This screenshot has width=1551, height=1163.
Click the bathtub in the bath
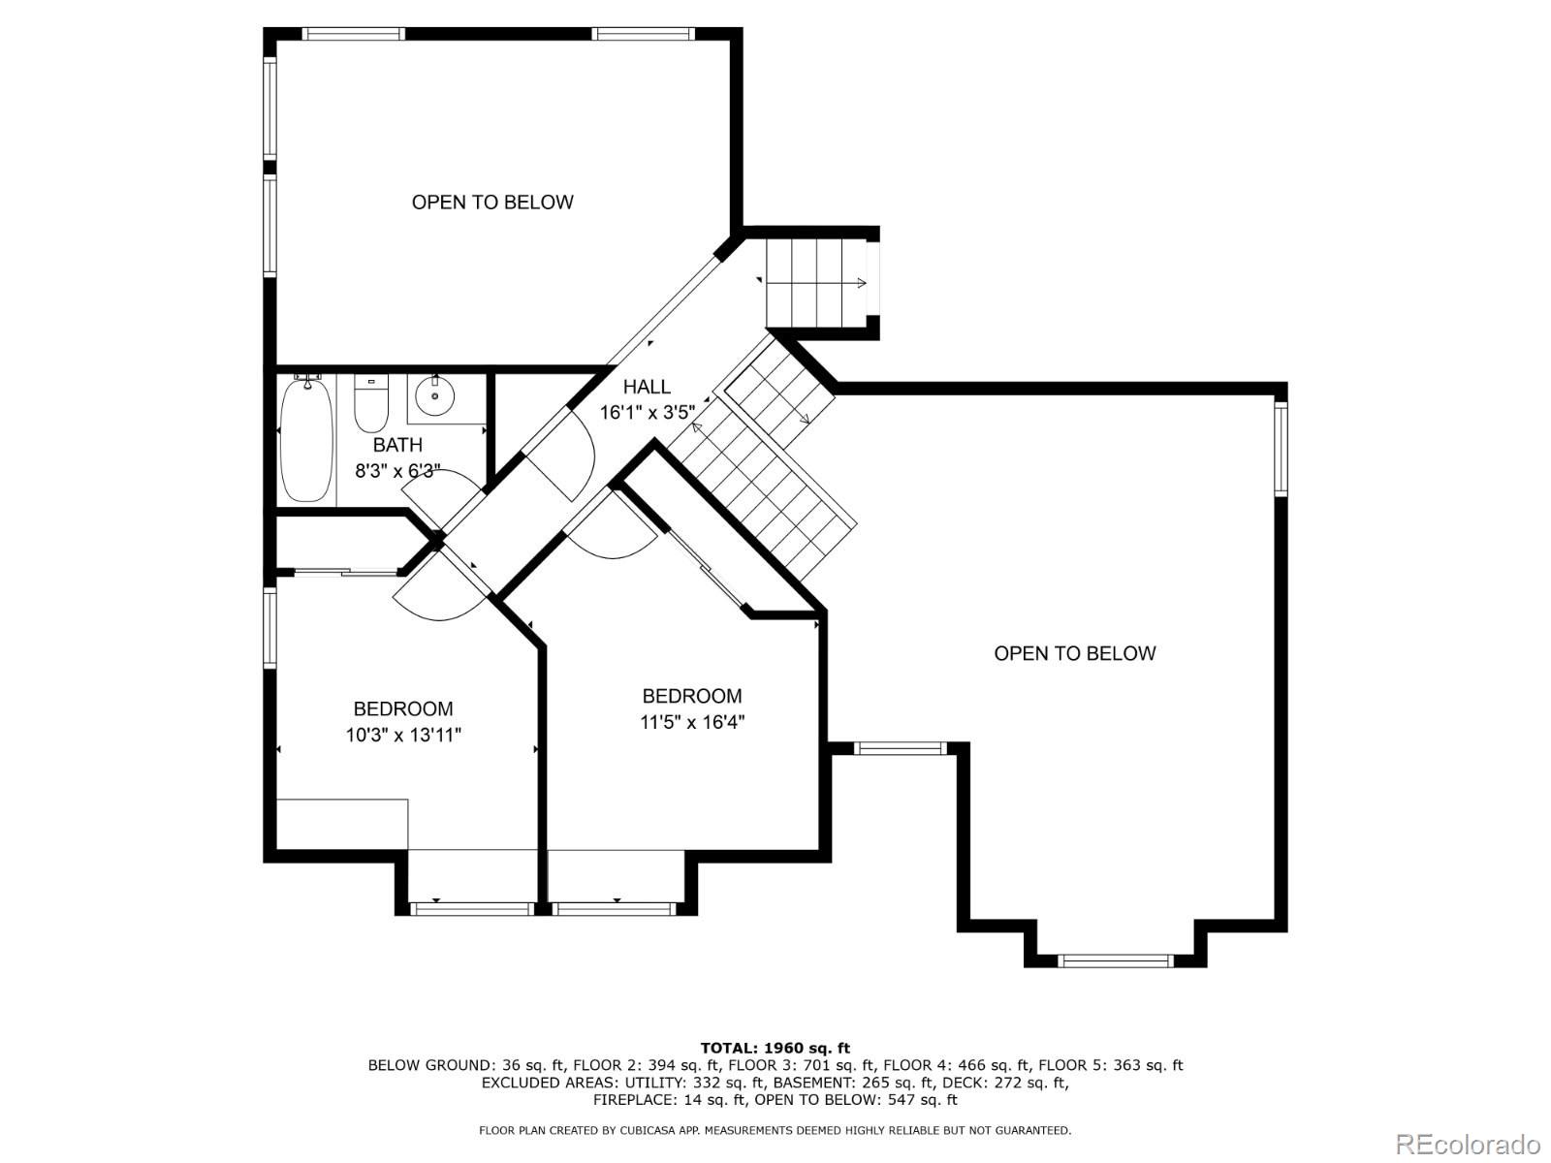click(x=306, y=441)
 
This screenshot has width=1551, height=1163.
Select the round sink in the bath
click(x=434, y=395)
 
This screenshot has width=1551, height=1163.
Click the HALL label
click(x=647, y=387)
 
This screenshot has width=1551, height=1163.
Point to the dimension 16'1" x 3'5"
click(x=648, y=412)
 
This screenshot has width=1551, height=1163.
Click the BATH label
click(x=397, y=445)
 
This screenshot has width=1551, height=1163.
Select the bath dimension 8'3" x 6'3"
click(x=397, y=471)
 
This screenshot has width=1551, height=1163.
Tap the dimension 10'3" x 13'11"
click(x=403, y=735)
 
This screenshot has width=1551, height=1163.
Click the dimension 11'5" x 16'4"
click(x=692, y=722)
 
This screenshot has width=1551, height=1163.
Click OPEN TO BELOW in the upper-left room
click(x=492, y=202)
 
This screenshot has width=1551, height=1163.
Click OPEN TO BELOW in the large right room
click(x=1074, y=653)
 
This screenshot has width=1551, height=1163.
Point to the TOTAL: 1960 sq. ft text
click(x=775, y=1048)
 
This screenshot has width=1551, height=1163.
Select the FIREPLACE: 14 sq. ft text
click(x=668, y=1100)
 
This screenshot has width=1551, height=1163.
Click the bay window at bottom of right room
click(x=1115, y=960)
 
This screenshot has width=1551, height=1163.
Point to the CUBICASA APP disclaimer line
click(x=775, y=1130)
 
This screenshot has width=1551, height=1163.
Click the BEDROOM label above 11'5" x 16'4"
click(x=692, y=696)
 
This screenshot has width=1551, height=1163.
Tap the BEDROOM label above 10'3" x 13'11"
click(x=403, y=708)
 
